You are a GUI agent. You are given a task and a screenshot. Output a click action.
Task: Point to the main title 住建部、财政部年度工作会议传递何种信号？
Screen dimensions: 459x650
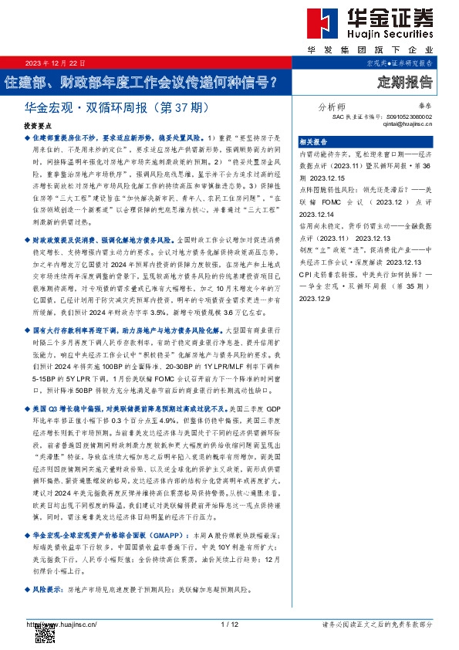[x=141, y=80]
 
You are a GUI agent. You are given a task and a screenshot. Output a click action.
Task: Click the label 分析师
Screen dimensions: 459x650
[x=332, y=107]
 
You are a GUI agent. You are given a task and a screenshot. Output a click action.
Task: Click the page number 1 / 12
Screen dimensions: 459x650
[x=228, y=624]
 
